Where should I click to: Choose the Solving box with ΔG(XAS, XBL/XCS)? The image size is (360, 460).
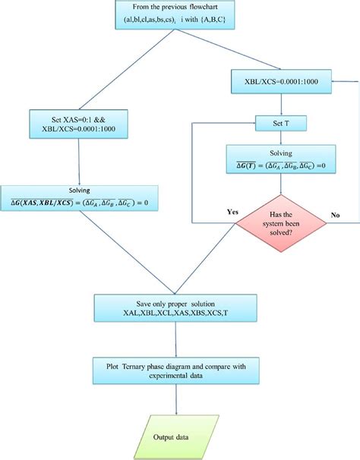(79, 198)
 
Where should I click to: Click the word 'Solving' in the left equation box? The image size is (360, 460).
(79, 190)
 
